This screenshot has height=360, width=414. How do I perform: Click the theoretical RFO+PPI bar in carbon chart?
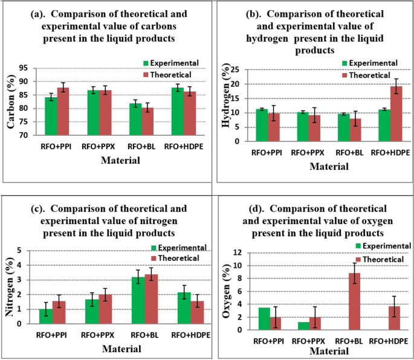click(63, 111)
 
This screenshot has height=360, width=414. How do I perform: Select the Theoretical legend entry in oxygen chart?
click(383, 259)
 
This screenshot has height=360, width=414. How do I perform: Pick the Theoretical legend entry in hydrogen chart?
click(373, 74)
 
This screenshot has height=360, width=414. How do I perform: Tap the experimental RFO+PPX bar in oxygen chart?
click(303, 326)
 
